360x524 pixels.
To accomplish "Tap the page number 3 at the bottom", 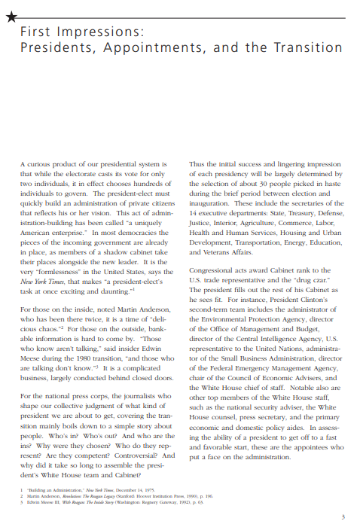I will point(343,516).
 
